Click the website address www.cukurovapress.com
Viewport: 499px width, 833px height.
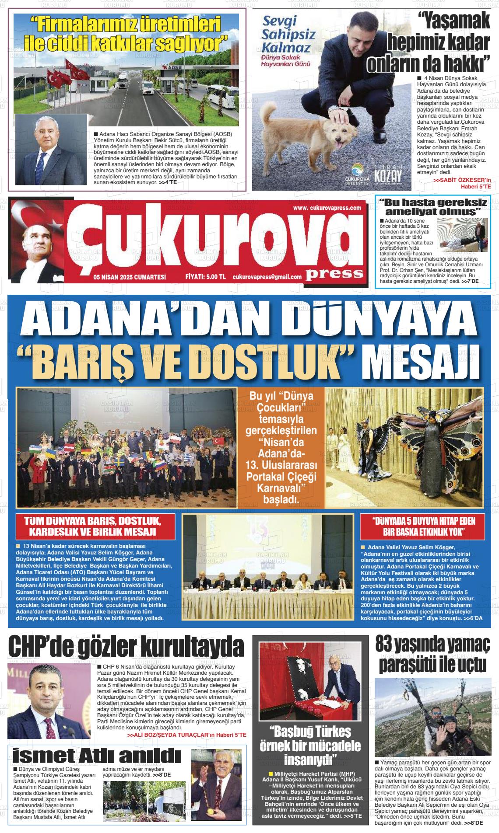(x=327, y=208)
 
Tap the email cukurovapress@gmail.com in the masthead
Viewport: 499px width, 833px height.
(x=267, y=277)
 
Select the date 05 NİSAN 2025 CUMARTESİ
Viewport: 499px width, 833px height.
(x=130, y=277)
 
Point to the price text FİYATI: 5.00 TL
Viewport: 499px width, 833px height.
(x=205, y=277)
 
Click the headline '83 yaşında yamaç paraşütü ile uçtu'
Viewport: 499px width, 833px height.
(x=432, y=655)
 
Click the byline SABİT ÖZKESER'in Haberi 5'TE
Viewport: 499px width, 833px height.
(x=462, y=183)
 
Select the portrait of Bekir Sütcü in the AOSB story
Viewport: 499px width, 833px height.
(x=52, y=151)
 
